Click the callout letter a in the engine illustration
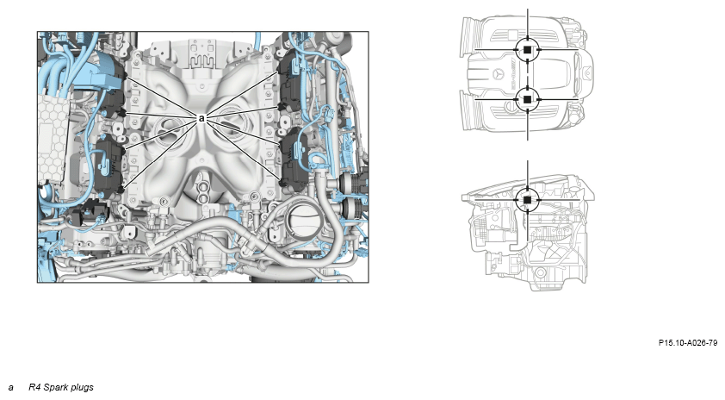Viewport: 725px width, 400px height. (x=201, y=118)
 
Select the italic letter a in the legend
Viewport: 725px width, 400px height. (x=10, y=388)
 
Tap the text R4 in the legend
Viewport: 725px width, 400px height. (x=34, y=387)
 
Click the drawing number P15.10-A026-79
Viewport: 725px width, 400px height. (x=688, y=343)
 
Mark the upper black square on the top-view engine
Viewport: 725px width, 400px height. (x=527, y=49)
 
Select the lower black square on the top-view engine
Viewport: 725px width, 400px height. (x=527, y=99)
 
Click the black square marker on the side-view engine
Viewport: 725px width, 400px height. (x=527, y=199)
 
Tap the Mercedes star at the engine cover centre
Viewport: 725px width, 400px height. (x=498, y=74)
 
